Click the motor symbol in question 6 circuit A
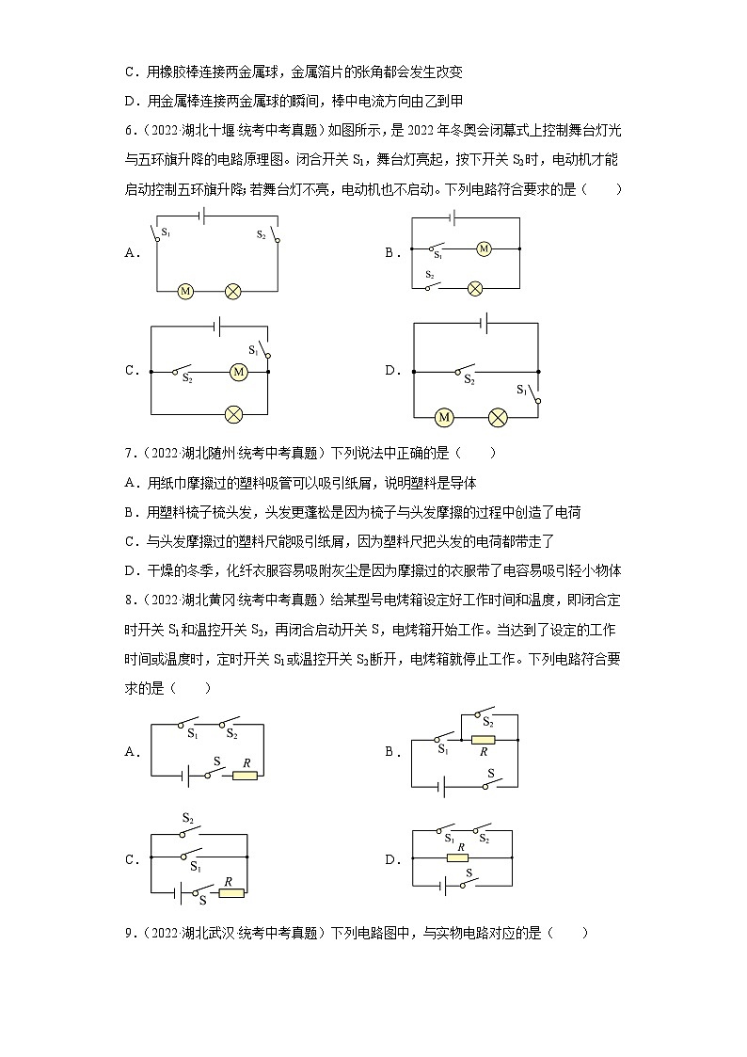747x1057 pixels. (x=185, y=292)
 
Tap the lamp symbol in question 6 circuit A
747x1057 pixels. (x=232, y=292)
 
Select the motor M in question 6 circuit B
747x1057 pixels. (x=484, y=248)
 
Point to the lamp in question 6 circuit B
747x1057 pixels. (x=476, y=287)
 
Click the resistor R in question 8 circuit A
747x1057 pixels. (x=246, y=776)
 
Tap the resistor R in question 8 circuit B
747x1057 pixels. (x=483, y=740)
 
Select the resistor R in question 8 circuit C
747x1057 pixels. (x=230, y=892)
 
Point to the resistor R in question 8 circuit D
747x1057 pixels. (x=458, y=857)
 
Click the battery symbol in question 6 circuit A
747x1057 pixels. (x=200, y=215)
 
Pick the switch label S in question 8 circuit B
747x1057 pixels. (x=490, y=772)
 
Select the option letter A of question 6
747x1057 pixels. (x=132, y=252)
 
